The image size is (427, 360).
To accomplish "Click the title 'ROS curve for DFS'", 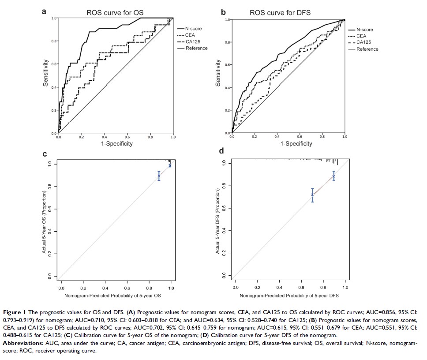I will click(280, 12).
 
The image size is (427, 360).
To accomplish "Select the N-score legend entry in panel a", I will click(193, 29).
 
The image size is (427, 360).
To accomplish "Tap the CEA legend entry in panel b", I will click(361, 36).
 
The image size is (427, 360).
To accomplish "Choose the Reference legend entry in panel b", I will click(367, 49).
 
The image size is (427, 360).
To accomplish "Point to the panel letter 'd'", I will click(221, 151).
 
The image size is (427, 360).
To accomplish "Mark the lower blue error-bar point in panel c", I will click(159, 176).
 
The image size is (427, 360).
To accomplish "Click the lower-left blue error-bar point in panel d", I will click(312, 195).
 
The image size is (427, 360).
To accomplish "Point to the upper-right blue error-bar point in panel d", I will click(334, 176).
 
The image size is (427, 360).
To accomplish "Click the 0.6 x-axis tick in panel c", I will click(127, 287).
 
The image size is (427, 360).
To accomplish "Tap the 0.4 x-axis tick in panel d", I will click(279, 287).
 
